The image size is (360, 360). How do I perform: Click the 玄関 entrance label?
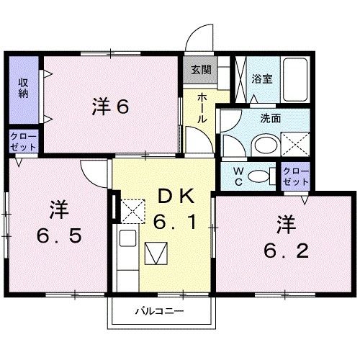(x=201, y=71)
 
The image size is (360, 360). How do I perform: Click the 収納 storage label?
(x=23, y=89)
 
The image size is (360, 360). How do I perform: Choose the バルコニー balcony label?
(x=160, y=312)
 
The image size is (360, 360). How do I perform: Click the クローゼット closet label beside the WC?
(x=294, y=176)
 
